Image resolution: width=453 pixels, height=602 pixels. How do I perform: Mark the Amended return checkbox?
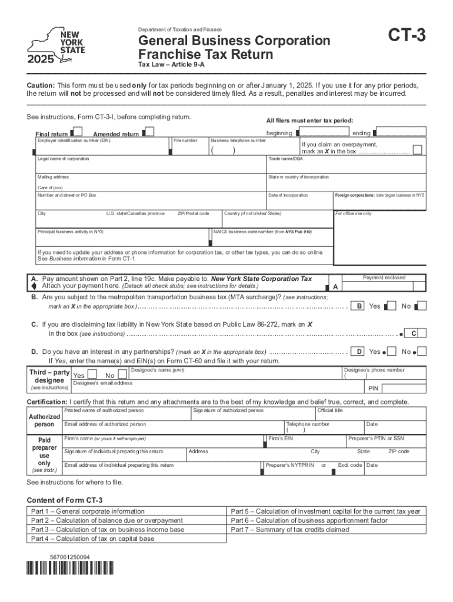[x=149, y=133]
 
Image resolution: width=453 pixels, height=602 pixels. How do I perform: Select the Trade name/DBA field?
[x=346, y=167]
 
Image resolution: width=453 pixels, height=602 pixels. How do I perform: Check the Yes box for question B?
[x=390, y=306]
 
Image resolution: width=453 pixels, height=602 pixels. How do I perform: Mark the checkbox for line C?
[x=414, y=333]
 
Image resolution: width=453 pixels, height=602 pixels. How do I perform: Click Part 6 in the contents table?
[x=309, y=520]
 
